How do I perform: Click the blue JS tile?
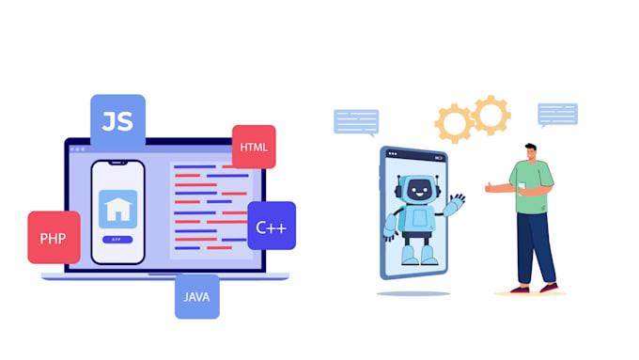pyautogui.click(x=117, y=122)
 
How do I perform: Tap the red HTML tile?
pyautogui.click(x=253, y=147)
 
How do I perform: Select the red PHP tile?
pyautogui.click(x=54, y=237)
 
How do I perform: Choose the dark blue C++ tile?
pyautogui.click(x=271, y=226)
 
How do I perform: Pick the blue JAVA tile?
pyautogui.click(x=196, y=296)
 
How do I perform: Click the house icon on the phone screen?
pyautogui.click(x=117, y=209)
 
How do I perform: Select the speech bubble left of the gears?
pyautogui.click(x=356, y=120)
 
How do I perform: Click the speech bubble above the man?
pyautogui.click(x=557, y=114)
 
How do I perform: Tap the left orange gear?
pyautogui.click(x=454, y=123)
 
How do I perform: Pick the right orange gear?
pyautogui.click(x=491, y=115)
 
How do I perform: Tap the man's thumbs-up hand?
pyautogui.click(x=491, y=188)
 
